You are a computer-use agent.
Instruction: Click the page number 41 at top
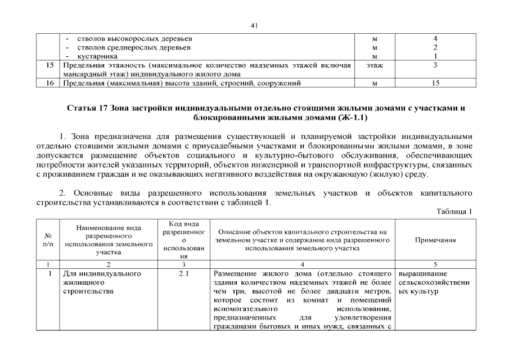pyautogui.click(x=254, y=25)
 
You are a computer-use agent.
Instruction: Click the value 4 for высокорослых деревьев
pyautogui.click(x=435, y=39)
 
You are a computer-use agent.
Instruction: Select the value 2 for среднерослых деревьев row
pyautogui.click(x=435, y=47)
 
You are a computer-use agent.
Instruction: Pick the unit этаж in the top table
pyautogui.click(x=375, y=65)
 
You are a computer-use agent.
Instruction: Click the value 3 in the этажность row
pyautogui.click(x=435, y=65)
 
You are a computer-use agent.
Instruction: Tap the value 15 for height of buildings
pyautogui.click(x=435, y=83)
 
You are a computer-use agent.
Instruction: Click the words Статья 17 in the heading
pyautogui.click(x=88, y=107)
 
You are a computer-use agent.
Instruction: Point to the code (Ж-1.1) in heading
pyautogui.click(x=354, y=118)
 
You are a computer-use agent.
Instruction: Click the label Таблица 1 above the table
pyautogui.click(x=454, y=211)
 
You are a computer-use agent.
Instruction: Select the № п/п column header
pyautogui.click(x=48, y=240)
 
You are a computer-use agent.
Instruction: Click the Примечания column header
pyautogui.click(x=435, y=240)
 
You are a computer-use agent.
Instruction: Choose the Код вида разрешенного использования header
pyautogui.click(x=184, y=240)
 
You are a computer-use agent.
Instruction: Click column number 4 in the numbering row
pyautogui.click(x=303, y=264)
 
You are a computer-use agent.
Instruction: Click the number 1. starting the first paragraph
pyautogui.click(x=62, y=137)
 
